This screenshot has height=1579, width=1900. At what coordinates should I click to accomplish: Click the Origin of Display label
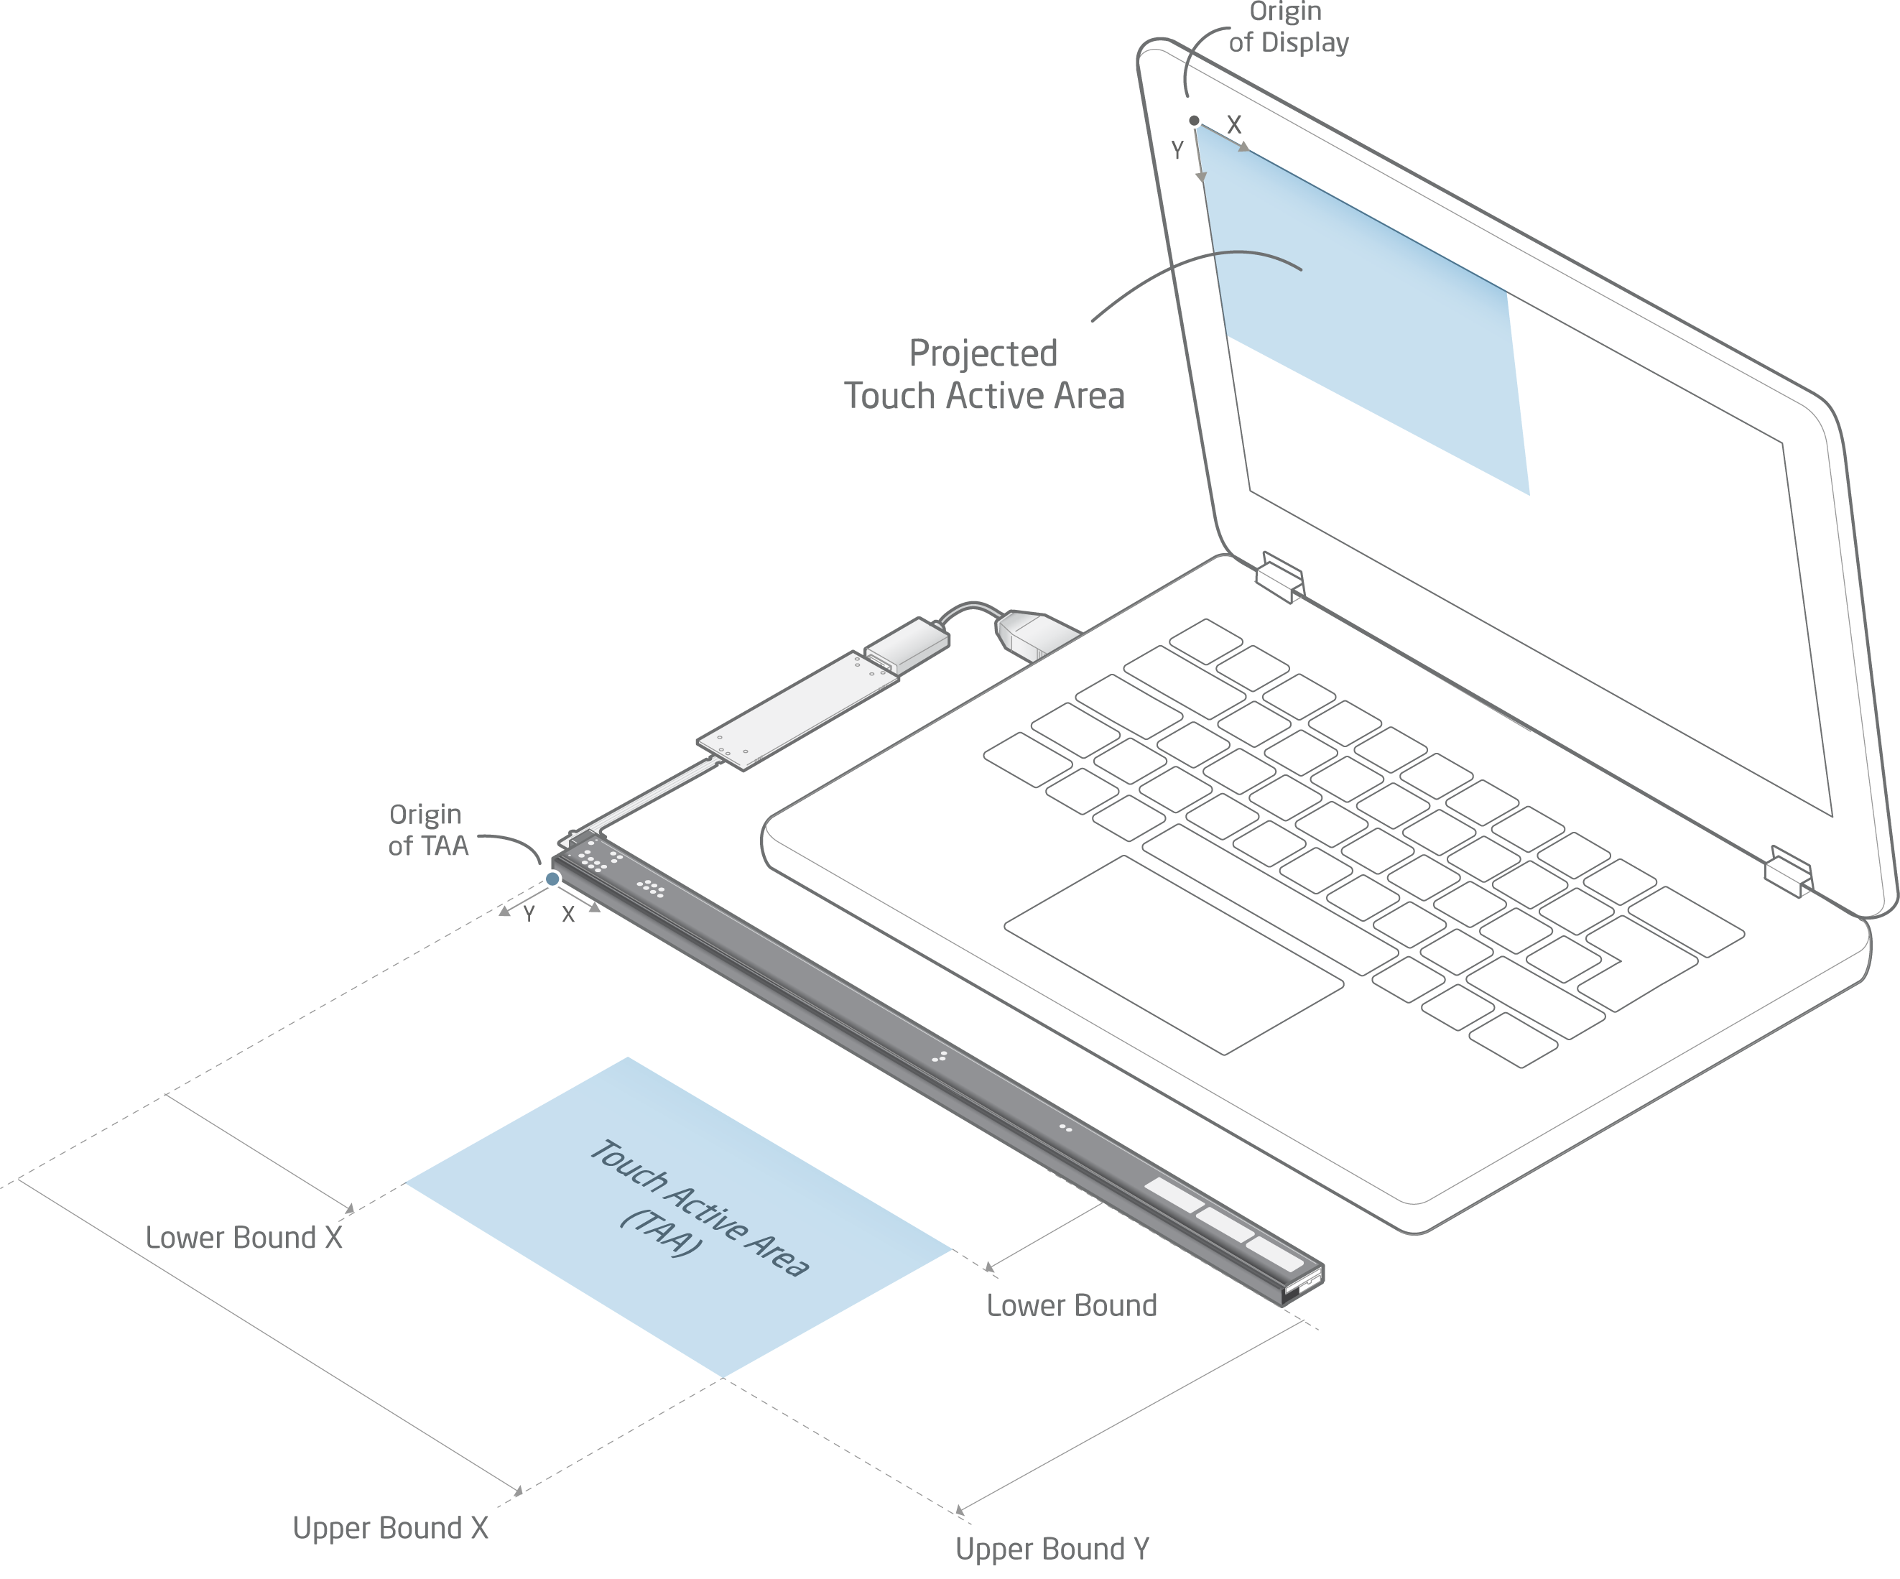click(x=1287, y=27)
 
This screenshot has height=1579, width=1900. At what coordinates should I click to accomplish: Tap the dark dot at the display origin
click(x=1195, y=121)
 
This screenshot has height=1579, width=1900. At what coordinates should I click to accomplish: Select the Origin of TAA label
click(x=427, y=830)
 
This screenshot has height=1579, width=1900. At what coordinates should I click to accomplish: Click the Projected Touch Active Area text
click(x=983, y=374)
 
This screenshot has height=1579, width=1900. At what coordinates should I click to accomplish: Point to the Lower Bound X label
click(x=244, y=1238)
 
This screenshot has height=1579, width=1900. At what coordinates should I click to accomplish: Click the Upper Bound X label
click(x=390, y=1528)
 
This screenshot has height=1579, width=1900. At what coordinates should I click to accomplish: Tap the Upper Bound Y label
click(x=1052, y=1549)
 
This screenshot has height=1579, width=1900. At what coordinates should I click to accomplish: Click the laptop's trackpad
click(x=1174, y=955)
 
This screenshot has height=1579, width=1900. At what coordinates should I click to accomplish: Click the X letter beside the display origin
click(x=1234, y=125)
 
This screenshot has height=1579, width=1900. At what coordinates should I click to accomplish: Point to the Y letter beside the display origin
click(x=1177, y=150)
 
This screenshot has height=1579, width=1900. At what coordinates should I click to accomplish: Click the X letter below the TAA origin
click(x=568, y=914)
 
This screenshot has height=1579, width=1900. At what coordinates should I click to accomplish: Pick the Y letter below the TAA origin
click(x=529, y=914)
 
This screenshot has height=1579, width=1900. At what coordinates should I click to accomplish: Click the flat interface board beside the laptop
click(x=796, y=710)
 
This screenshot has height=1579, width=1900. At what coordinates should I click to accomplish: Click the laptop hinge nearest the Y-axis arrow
click(x=1279, y=576)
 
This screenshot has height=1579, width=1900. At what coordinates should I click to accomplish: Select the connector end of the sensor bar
click(x=1304, y=1285)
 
